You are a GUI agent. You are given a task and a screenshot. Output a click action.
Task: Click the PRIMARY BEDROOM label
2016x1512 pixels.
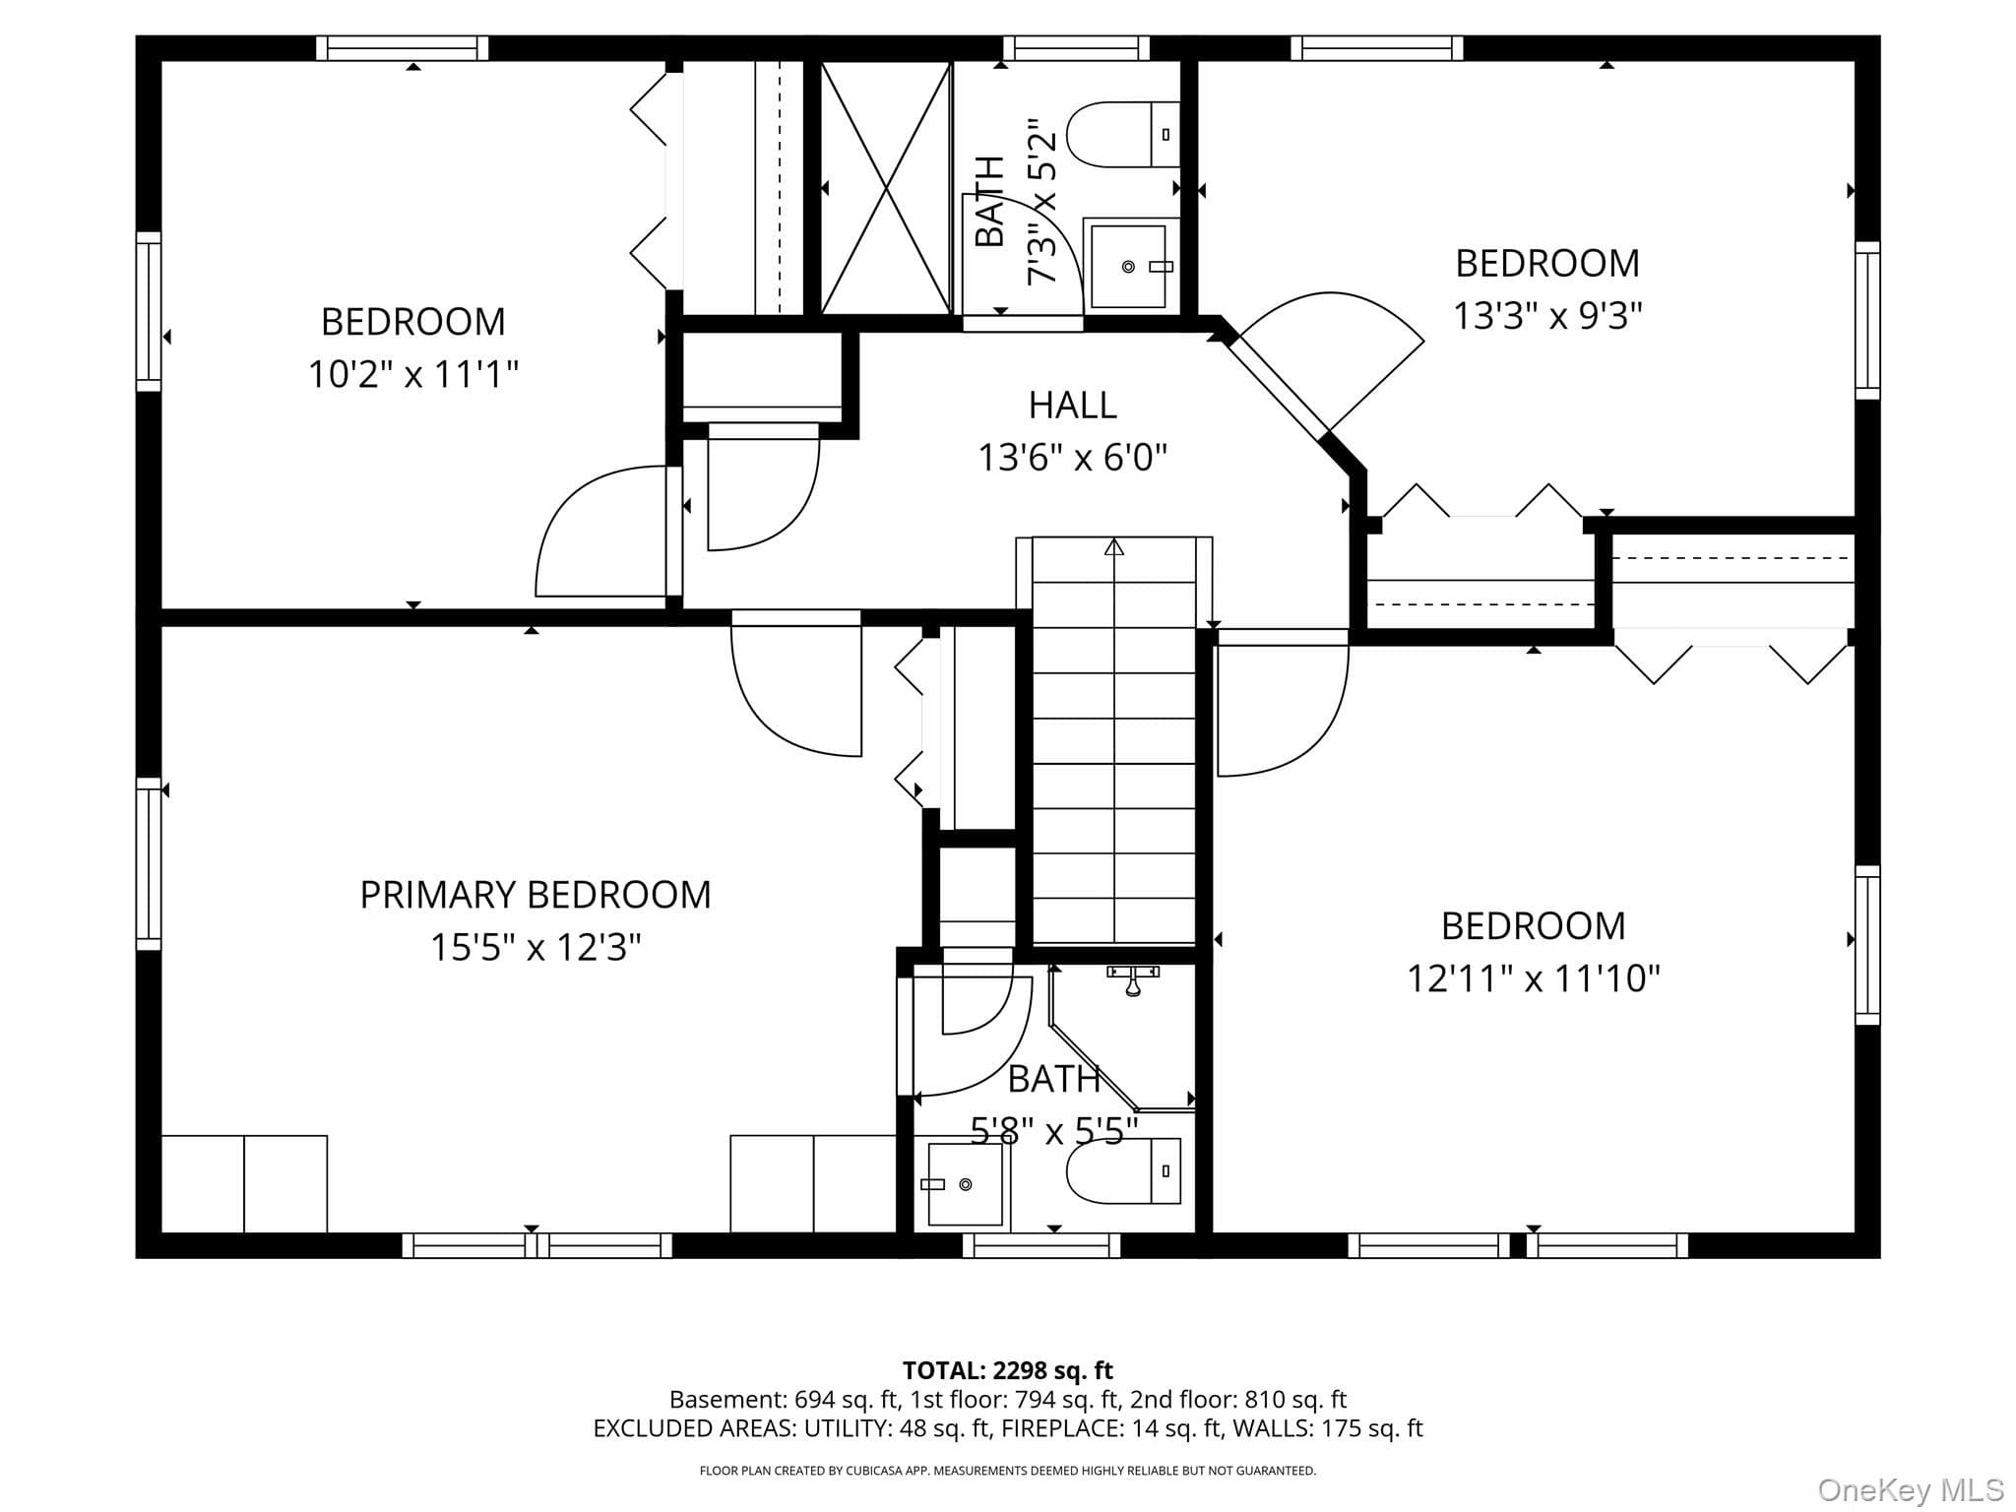tap(535, 895)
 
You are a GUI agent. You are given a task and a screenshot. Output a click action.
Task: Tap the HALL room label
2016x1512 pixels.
tap(1072, 405)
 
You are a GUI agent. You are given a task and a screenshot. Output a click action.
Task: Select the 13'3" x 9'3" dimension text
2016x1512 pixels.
tap(1548, 316)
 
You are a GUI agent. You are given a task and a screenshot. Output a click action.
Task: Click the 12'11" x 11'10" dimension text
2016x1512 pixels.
tap(1534, 978)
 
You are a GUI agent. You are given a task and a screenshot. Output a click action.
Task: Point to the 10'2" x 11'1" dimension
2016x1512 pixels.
tap(413, 374)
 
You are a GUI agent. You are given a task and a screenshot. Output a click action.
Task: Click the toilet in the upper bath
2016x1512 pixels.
tap(1123, 134)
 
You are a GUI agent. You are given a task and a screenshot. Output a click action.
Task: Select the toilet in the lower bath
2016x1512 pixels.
tap(1123, 1170)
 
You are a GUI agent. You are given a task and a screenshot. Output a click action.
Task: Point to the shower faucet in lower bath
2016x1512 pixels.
tap(1133, 979)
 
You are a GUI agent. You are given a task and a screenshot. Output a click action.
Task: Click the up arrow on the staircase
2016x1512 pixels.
tap(1114, 547)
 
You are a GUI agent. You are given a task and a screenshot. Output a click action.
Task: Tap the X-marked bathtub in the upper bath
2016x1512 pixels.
tap(886, 188)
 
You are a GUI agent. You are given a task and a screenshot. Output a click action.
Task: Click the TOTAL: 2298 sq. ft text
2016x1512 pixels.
tap(1008, 1370)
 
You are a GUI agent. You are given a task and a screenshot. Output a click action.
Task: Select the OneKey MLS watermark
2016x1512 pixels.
tap(1911, 1490)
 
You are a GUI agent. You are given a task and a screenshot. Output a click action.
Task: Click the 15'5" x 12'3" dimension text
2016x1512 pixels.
tap(535, 948)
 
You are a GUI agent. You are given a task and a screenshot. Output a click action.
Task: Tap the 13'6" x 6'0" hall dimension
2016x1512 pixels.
tap(1072, 458)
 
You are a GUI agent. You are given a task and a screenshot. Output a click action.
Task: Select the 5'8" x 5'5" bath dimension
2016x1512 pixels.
tap(1054, 1132)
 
